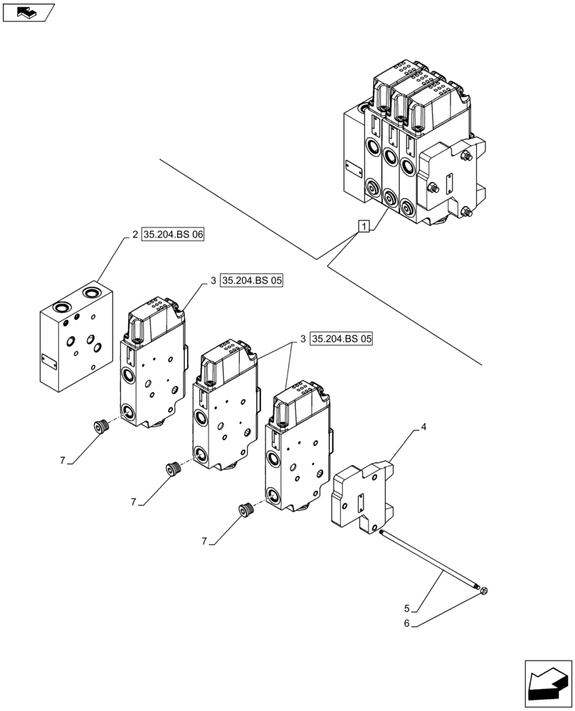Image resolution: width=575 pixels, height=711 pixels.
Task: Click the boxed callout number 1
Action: click(x=364, y=227)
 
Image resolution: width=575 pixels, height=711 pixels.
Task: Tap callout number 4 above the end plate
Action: click(x=423, y=427)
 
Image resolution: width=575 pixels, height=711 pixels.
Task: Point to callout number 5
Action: click(x=407, y=609)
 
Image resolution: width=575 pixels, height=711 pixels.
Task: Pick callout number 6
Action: click(x=407, y=625)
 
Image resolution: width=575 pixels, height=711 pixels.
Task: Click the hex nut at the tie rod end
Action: click(x=483, y=590)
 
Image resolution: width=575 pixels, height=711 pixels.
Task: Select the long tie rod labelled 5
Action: click(x=431, y=560)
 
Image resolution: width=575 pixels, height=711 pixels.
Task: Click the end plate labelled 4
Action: click(x=362, y=496)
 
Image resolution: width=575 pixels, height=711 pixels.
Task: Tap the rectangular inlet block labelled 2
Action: click(x=76, y=336)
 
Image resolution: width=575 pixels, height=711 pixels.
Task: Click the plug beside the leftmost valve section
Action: click(x=100, y=427)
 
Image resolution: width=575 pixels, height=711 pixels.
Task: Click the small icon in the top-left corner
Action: click(x=28, y=11)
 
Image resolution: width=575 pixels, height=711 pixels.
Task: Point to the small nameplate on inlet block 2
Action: click(x=48, y=361)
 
